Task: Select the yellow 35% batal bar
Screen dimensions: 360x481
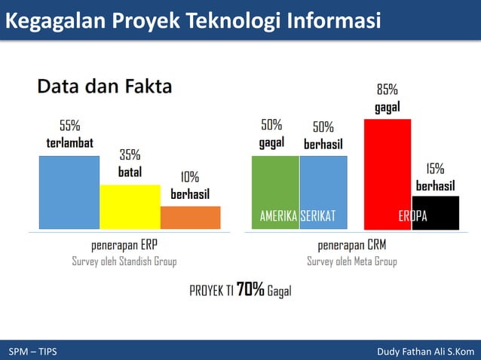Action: pyautogui.click(x=130, y=206)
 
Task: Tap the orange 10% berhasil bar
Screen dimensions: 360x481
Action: pyautogui.click(x=190, y=217)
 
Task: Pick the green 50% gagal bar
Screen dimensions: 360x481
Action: pyautogui.click(x=275, y=188)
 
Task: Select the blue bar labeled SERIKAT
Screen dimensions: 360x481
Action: pyautogui.click(x=323, y=188)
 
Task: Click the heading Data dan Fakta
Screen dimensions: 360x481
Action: pyautogui.click(x=105, y=86)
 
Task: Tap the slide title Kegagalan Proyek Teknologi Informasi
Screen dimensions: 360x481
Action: pyautogui.click(x=192, y=21)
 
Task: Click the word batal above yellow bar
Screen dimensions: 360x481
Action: pyautogui.click(x=130, y=172)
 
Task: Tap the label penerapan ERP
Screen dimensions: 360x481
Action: pyautogui.click(x=124, y=246)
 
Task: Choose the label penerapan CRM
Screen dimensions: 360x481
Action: pyautogui.click(x=351, y=246)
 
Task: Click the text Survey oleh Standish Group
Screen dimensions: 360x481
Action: pyautogui.click(x=124, y=262)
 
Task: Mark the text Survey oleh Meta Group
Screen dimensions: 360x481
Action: pyautogui.click(x=351, y=262)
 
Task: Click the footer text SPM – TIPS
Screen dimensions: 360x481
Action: pyautogui.click(x=32, y=351)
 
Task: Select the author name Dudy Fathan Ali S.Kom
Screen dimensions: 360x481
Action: pyautogui.click(x=425, y=351)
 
